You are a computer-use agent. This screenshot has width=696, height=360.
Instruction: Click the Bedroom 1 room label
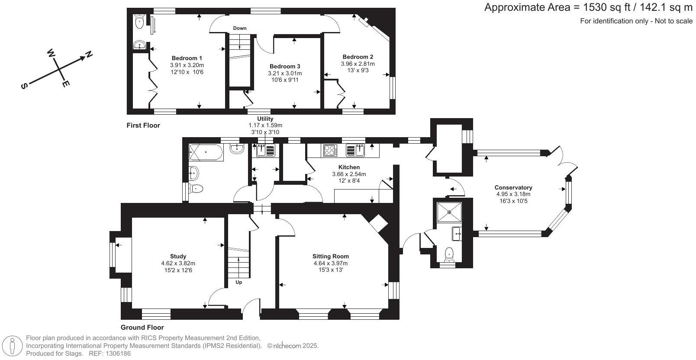click(187, 58)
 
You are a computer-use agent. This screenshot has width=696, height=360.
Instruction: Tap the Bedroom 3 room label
click(285, 66)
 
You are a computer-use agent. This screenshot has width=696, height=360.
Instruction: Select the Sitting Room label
click(331, 256)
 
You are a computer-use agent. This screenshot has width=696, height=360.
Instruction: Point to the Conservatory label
click(513, 187)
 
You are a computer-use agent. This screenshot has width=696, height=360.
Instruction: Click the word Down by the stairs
click(240, 28)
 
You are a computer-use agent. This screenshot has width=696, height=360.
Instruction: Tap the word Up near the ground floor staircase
click(238, 283)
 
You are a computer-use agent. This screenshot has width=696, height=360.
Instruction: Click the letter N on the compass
click(89, 55)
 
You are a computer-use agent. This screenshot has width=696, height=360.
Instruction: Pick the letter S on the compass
click(24, 86)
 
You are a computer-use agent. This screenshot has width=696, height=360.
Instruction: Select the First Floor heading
click(143, 125)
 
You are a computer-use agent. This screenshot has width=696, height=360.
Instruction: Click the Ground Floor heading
click(142, 328)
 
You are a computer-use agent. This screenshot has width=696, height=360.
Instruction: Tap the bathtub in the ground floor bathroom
click(206, 152)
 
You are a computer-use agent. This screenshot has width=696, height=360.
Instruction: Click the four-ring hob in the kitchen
click(330, 151)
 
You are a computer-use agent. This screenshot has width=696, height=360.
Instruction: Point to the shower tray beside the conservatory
click(449, 212)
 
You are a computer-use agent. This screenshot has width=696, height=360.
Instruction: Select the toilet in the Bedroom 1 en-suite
click(139, 21)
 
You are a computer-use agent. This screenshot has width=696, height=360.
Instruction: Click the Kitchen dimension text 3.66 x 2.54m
click(349, 174)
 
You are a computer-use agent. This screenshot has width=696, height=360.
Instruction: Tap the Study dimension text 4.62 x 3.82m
click(178, 264)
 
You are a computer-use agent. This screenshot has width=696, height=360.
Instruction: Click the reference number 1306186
click(118, 354)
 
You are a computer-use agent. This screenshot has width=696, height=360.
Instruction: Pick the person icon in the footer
click(13, 345)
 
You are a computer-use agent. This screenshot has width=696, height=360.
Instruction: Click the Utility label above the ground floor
click(265, 119)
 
